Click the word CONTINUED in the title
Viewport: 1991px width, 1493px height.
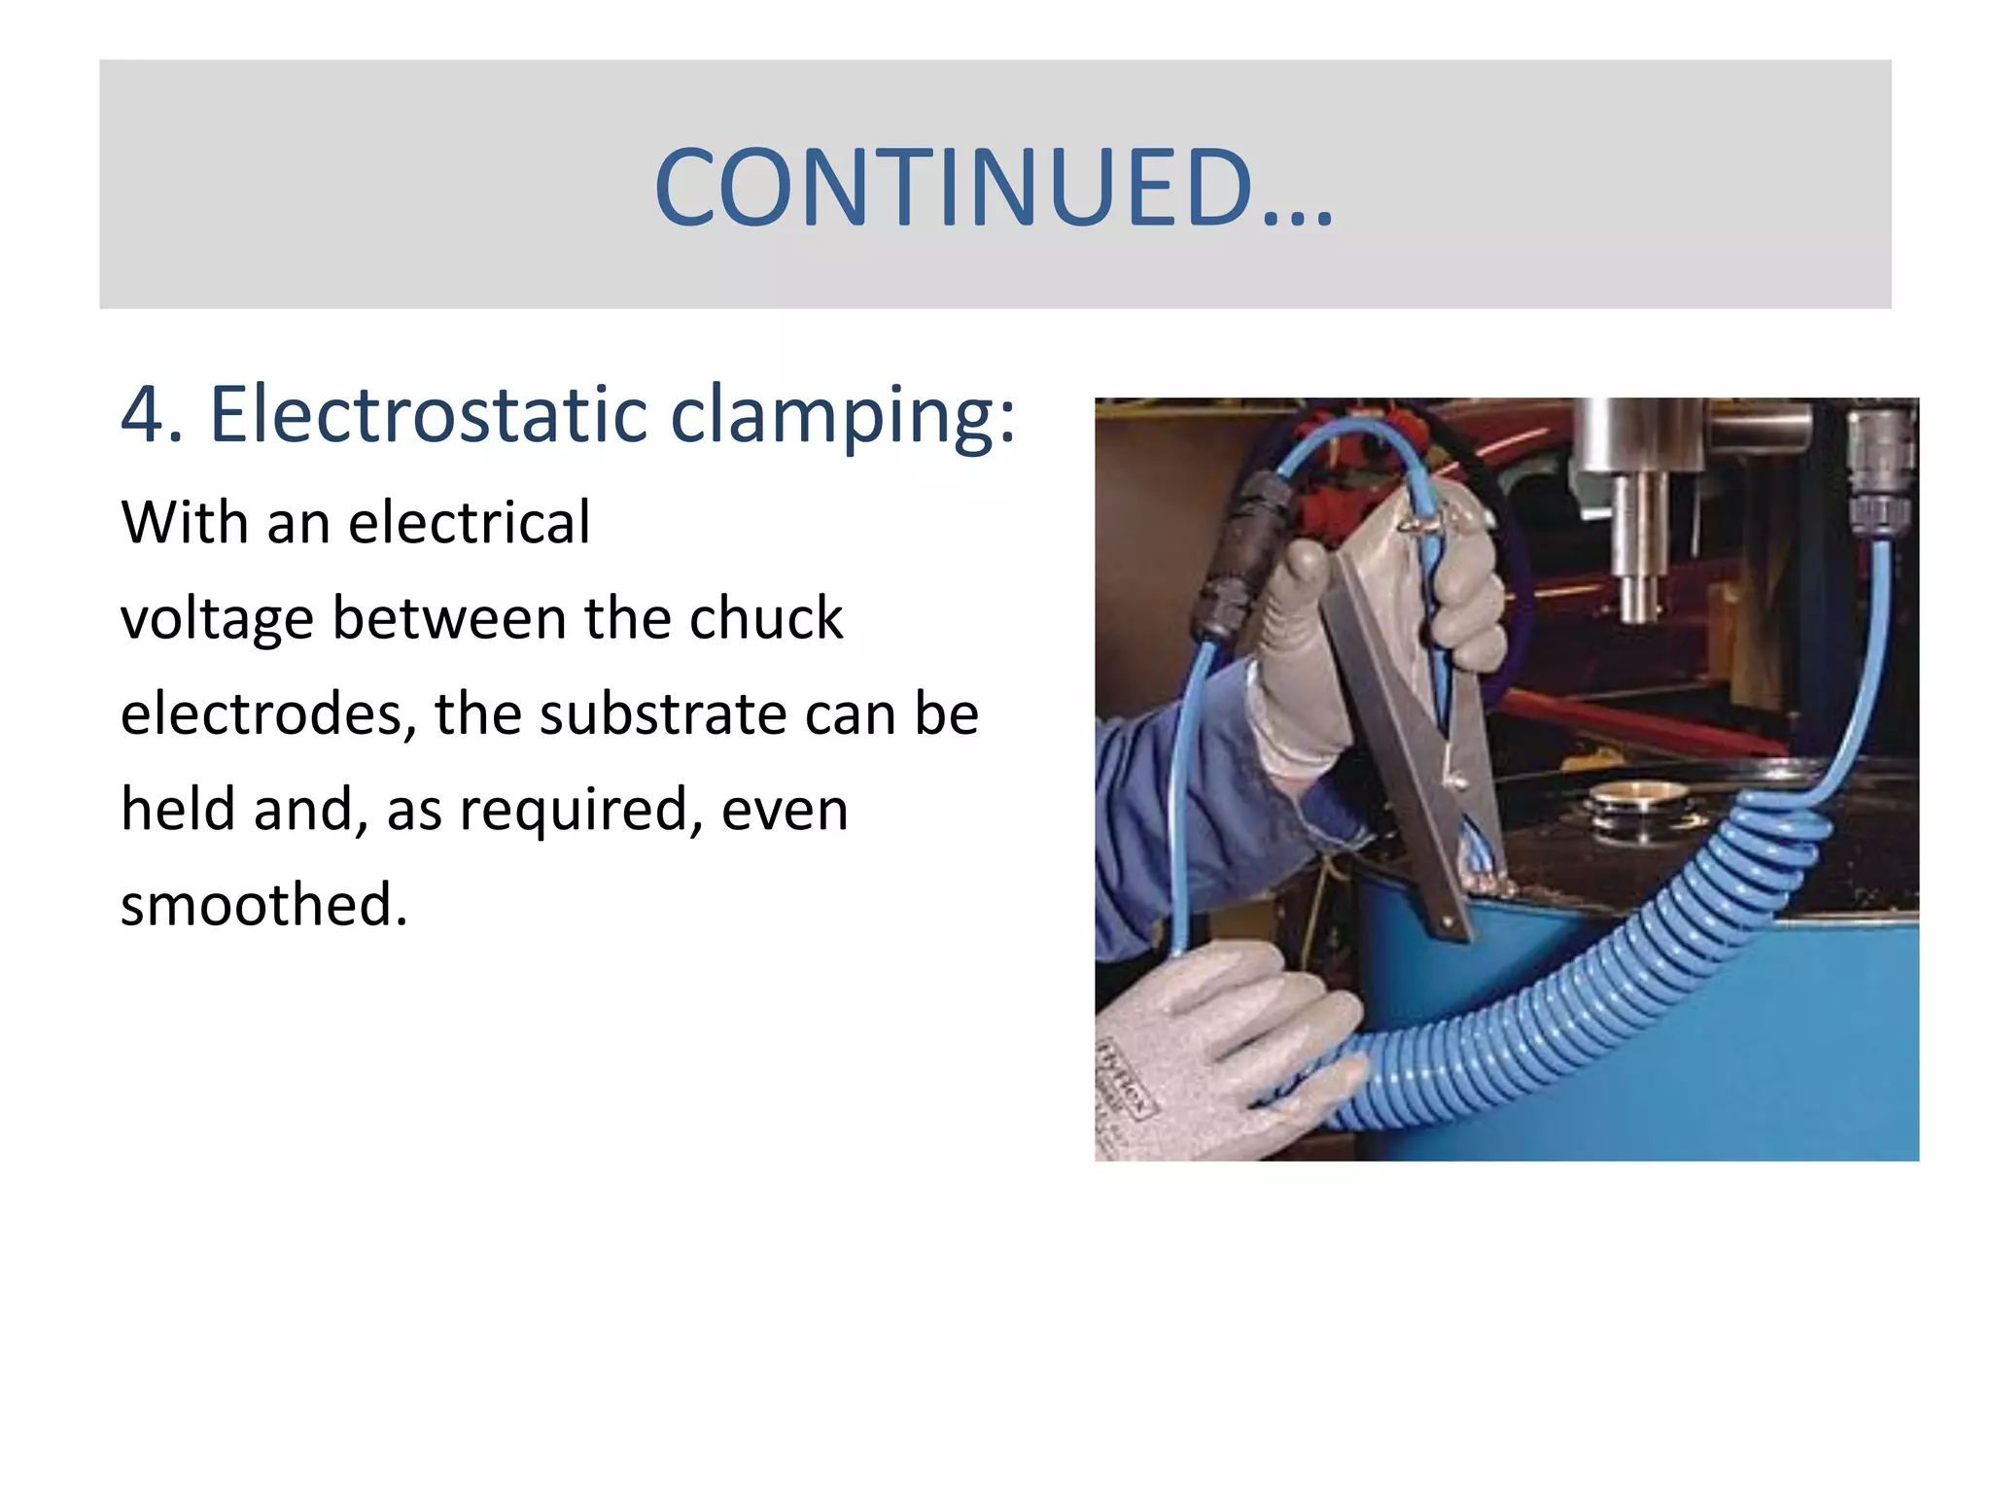(x=953, y=188)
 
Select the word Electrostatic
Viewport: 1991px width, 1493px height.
(x=429, y=415)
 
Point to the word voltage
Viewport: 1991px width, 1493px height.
(x=217, y=620)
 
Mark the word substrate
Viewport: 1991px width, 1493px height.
(x=662, y=714)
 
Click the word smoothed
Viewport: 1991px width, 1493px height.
(x=263, y=905)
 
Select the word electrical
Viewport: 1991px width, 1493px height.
(x=469, y=523)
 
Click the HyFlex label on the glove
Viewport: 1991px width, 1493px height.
(x=1123, y=1079)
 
